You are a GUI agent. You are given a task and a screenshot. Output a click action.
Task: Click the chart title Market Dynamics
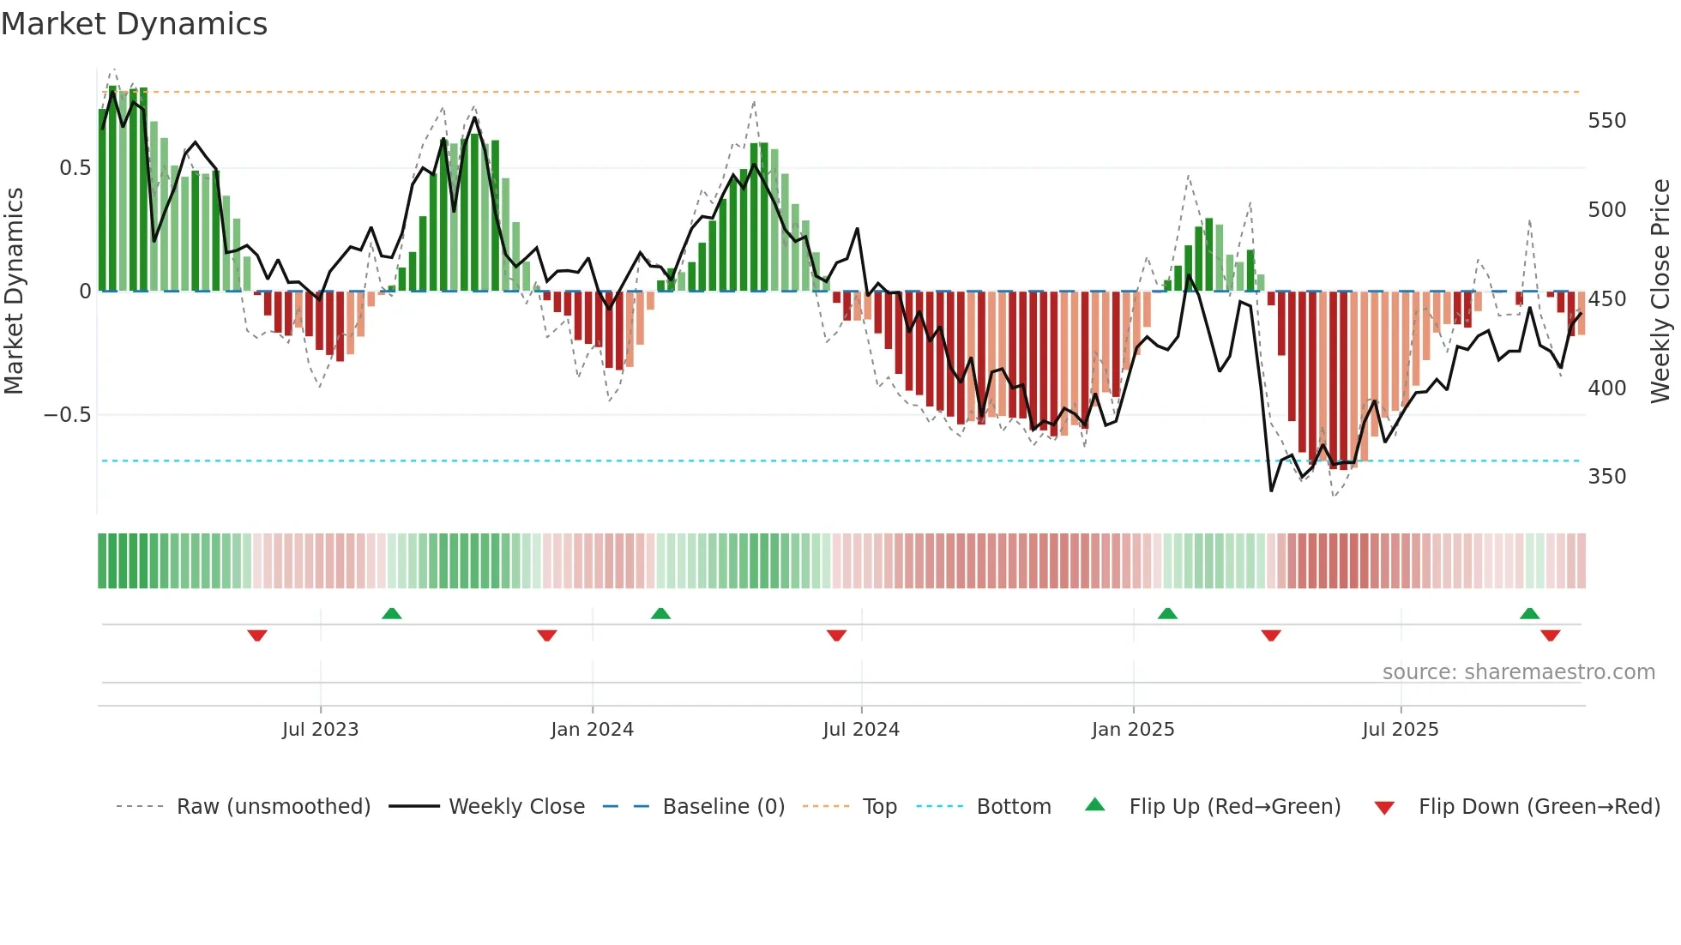(134, 24)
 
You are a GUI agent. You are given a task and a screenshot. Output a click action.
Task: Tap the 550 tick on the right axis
(1606, 121)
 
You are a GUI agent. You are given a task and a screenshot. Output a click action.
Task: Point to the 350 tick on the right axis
(1606, 477)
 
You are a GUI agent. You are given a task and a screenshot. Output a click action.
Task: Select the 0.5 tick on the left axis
(75, 168)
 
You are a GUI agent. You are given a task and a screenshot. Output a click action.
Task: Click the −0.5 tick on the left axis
(68, 415)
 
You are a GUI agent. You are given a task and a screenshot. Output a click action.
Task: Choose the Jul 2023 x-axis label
(320, 730)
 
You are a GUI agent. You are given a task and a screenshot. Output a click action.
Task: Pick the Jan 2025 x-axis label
(1132, 730)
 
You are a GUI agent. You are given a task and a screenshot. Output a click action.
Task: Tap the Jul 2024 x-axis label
(860, 730)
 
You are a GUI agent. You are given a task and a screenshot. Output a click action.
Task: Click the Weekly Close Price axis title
(1660, 292)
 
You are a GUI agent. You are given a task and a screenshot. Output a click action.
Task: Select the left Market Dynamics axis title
(14, 292)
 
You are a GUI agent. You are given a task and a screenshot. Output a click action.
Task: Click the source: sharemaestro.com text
(1518, 672)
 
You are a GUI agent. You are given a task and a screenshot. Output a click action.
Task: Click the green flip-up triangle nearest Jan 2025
(1167, 613)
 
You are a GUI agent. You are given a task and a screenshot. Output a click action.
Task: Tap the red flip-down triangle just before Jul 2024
(836, 635)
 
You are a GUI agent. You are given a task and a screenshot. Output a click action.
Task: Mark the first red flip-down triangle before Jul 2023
(257, 635)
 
